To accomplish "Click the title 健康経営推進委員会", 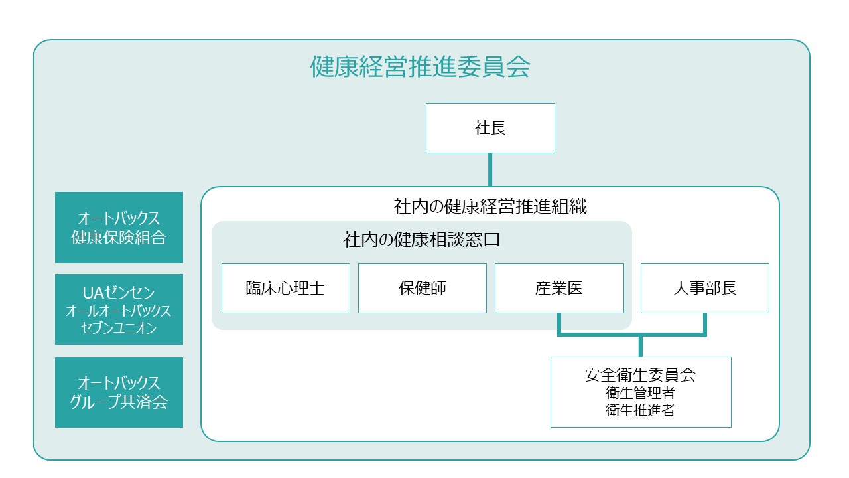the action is (420, 67).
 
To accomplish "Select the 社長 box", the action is (490, 128).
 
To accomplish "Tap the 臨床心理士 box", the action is (285, 288).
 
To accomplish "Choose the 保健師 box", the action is (423, 288).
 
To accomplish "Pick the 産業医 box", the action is (559, 288).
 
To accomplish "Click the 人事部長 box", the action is (704, 288).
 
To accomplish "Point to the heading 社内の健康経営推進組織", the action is (490, 206).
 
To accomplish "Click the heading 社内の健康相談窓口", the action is (421, 240).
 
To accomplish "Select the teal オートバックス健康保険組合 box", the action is (119, 227).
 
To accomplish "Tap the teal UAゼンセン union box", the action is (119, 309).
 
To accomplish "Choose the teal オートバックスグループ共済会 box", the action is (119, 392).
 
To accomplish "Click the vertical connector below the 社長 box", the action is (490, 169).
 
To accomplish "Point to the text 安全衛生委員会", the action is (640, 375).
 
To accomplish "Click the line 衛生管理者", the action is (640, 393).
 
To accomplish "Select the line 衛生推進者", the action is (640, 410).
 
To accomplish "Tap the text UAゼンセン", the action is (119, 293).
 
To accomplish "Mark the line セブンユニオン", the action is (119, 328).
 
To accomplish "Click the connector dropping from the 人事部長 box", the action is (704, 325).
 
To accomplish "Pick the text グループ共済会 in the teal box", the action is (119, 402).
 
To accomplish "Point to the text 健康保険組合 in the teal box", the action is (119, 238).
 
